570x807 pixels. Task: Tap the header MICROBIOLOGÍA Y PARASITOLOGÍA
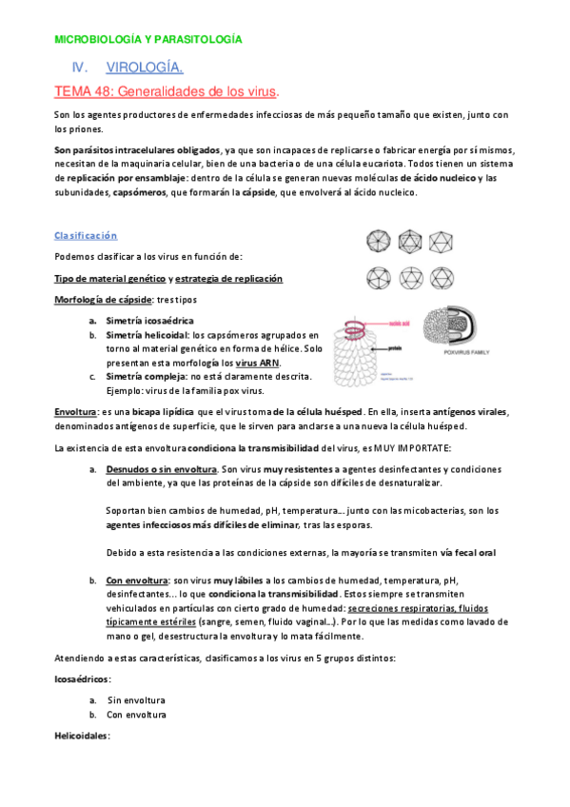147,40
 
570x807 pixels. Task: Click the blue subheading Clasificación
86,235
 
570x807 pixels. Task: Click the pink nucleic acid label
401,323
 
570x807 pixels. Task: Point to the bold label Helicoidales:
83,736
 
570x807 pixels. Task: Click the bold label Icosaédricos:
83,679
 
